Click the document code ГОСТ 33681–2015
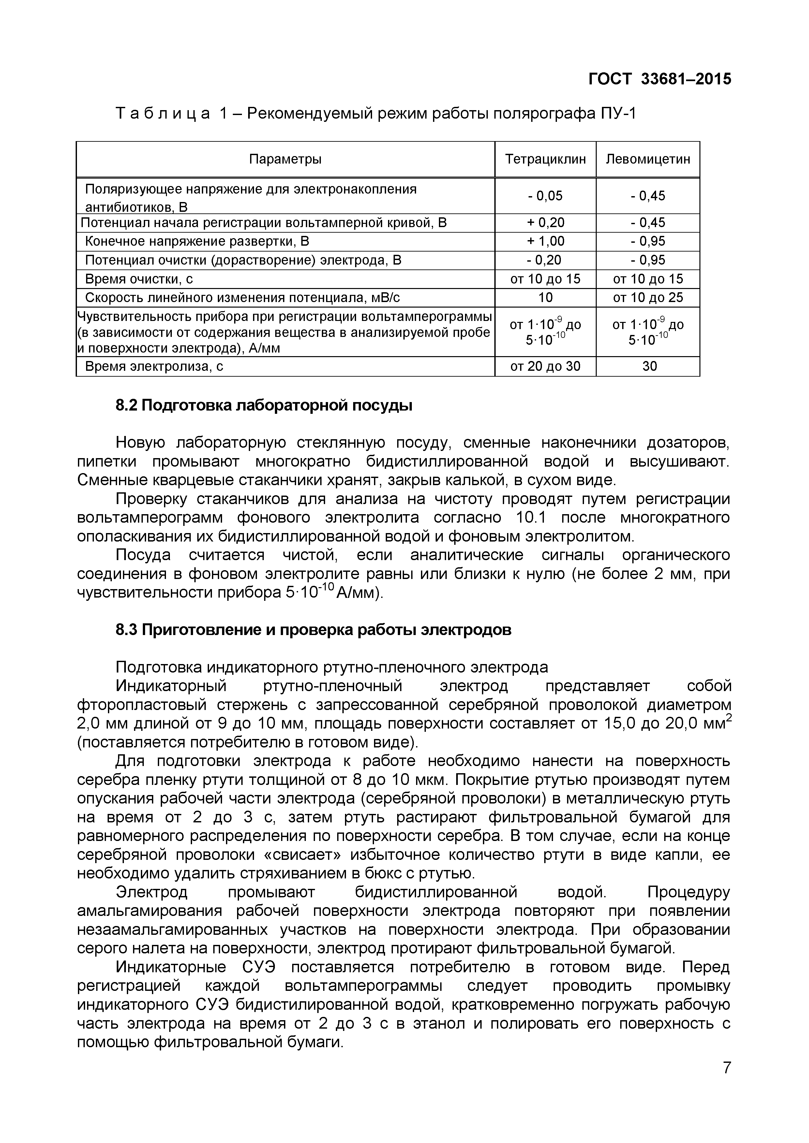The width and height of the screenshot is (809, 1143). [x=660, y=79]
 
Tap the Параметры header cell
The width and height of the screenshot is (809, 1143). [x=285, y=159]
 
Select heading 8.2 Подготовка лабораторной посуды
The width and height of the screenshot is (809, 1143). [x=264, y=406]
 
